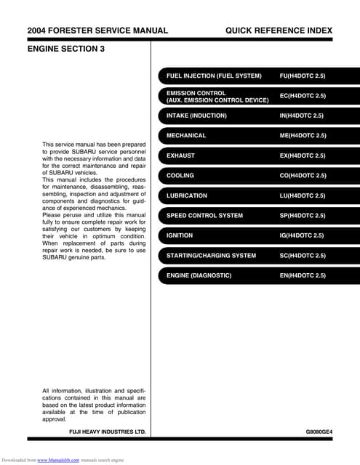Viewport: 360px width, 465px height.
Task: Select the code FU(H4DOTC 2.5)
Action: (x=303, y=76)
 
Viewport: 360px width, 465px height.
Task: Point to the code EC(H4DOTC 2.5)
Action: (x=303, y=96)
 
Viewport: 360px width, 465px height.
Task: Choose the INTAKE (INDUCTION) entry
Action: (x=196, y=116)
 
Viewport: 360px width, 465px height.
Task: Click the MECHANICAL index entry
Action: (x=186, y=136)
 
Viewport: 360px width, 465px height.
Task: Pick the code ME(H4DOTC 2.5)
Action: (x=303, y=136)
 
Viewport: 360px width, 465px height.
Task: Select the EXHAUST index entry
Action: (x=180, y=155)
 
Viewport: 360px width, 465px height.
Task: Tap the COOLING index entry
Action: (x=180, y=176)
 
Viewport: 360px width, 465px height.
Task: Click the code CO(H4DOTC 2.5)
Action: (x=303, y=176)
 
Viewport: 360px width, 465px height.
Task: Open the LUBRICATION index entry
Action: (x=187, y=195)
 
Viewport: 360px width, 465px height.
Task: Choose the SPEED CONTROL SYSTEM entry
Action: (x=204, y=216)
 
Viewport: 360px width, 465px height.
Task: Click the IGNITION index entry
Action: (x=180, y=235)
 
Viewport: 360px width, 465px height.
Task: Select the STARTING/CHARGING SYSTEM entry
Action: (x=211, y=256)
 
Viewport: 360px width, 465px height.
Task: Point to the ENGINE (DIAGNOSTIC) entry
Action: (x=199, y=275)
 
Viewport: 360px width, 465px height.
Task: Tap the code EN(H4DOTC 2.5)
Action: (x=303, y=275)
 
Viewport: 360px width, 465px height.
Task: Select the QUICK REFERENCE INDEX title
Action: (x=279, y=31)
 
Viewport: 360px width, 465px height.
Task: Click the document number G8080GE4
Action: (x=319, y=432)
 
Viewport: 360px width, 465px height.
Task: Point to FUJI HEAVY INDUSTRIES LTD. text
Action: (x=107, y=432)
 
